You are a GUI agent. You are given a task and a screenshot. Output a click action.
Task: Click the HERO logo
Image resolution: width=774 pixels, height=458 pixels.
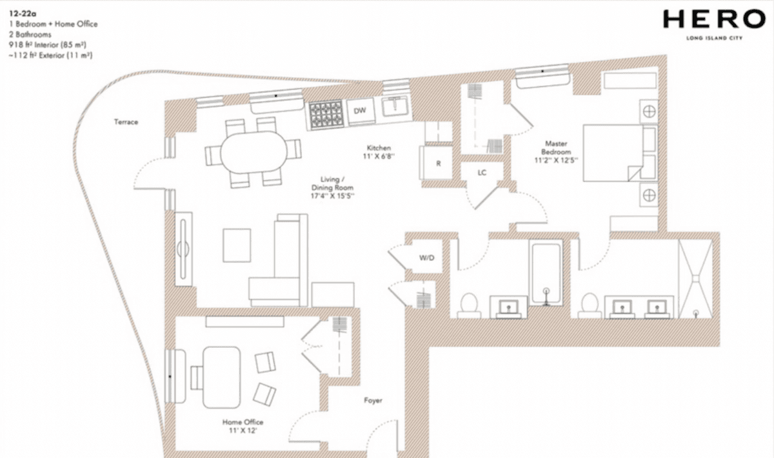714,24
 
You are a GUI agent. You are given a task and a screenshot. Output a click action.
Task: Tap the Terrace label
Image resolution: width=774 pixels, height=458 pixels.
126,122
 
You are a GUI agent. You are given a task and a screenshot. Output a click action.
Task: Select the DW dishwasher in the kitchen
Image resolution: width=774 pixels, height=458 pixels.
360,111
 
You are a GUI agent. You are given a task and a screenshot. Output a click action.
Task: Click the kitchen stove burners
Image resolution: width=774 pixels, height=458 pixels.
326,115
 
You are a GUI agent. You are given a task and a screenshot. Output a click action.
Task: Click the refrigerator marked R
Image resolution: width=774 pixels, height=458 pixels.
437,163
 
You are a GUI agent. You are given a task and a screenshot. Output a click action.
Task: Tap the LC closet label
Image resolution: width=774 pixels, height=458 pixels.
482,173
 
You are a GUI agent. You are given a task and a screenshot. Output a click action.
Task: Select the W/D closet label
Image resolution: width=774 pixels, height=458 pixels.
427,258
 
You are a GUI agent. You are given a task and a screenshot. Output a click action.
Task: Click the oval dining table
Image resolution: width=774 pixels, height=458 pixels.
253,152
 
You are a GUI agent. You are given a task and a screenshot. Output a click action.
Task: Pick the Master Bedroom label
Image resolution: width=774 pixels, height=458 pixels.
556,148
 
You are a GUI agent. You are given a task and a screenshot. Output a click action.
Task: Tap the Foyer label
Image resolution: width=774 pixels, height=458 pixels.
373,401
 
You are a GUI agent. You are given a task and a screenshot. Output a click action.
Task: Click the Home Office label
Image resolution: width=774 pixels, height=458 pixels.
243,422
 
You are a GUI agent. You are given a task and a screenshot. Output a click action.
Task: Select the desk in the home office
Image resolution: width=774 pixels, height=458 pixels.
221,377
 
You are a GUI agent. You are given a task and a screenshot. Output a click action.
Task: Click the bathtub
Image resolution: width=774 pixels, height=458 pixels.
546,273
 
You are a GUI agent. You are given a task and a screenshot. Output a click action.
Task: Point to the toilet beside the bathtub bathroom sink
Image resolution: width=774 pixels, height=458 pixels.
470,306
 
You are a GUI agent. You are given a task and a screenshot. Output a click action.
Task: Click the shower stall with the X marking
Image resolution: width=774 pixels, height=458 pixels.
695,278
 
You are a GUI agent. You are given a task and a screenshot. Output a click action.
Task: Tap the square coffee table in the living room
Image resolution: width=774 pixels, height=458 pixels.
237,245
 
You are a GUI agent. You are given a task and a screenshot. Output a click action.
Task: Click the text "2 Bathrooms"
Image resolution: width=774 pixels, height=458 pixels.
30,35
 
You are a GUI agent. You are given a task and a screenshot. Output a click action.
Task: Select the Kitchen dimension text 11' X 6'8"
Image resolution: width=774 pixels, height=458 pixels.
379,157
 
